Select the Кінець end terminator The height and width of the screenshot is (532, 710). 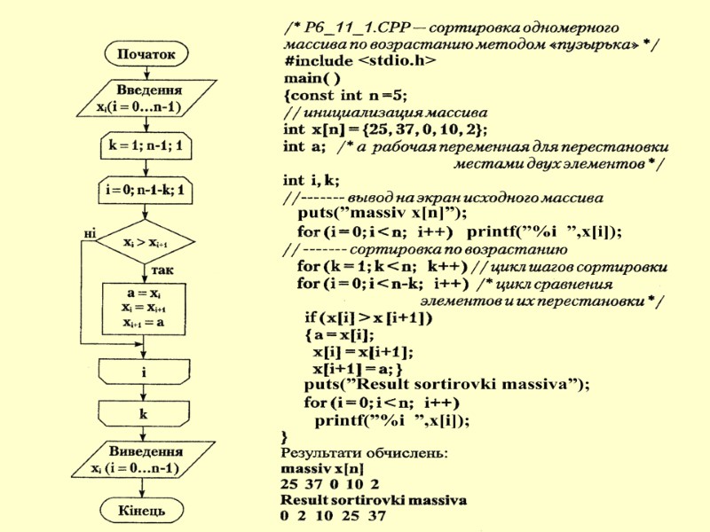[x=142, y=511]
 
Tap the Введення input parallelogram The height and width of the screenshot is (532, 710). [x=143, y=98]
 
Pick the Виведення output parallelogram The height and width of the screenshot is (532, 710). [x=142, y=459]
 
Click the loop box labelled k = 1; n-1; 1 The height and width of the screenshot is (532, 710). [x=145, y=145]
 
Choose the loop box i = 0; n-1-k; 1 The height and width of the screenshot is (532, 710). [x=145, y=190]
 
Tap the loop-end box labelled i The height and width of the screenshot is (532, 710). [x=144, y=372]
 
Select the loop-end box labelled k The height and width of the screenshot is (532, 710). [x=144, y=413]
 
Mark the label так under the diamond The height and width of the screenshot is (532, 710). [x=162, y=269]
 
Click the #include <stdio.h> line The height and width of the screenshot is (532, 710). [x=360, y=60]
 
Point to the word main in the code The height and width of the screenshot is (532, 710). [x=302, y=77]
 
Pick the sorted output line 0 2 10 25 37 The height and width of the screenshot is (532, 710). [x=333, y=515]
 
